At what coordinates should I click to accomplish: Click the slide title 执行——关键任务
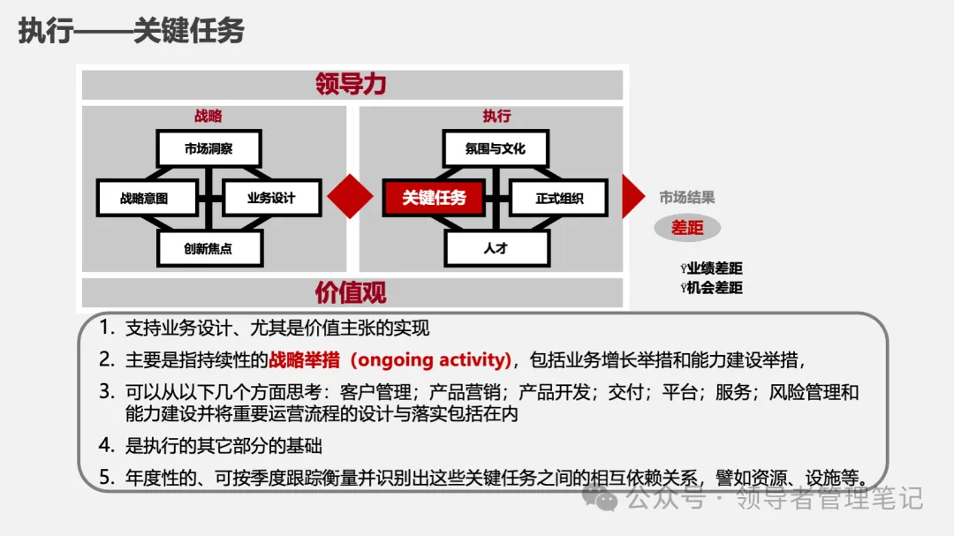[x=131, y=31]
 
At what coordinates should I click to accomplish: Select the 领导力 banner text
[x=352, y=85]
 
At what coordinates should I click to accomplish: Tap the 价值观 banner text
[x=352, y=291]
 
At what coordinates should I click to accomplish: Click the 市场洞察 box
[x=208, y=148]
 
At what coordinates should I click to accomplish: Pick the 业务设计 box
[x=271, y=198]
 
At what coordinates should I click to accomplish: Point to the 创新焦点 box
[x=208, y=248]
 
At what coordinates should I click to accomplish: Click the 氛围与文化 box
[x=495, y=148]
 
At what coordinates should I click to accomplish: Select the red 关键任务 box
[x=433, y=198]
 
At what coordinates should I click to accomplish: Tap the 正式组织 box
[x=559, y=198]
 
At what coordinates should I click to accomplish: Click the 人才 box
[x=495, y=248]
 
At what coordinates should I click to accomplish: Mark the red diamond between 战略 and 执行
[x=351, y=196]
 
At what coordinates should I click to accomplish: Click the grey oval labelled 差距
[x=687, y=228]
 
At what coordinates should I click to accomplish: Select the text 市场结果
[x=687, y=198]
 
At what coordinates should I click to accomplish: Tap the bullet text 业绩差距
[x=715, y=268]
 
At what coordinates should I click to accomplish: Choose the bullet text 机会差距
[x=715, y=287]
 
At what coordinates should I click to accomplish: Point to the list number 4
[x=106, y=445]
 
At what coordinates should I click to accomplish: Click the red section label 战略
[x=208, y=116]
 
